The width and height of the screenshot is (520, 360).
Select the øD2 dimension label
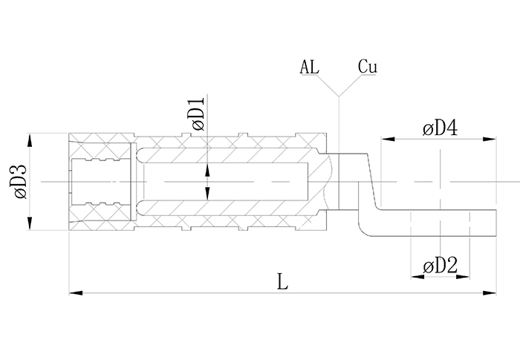click(440, 265)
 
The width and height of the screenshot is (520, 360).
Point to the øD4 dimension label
click(439, 128)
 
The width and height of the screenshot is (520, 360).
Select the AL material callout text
click(311, 67)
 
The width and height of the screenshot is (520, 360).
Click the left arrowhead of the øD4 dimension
click(386, 138)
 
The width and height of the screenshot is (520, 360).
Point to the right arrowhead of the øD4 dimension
click(493, 138)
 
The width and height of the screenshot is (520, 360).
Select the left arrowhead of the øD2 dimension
click(415, 276)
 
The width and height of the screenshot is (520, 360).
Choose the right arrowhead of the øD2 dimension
click(466, 276)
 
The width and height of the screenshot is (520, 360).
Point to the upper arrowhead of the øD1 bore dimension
click(207, 169)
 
